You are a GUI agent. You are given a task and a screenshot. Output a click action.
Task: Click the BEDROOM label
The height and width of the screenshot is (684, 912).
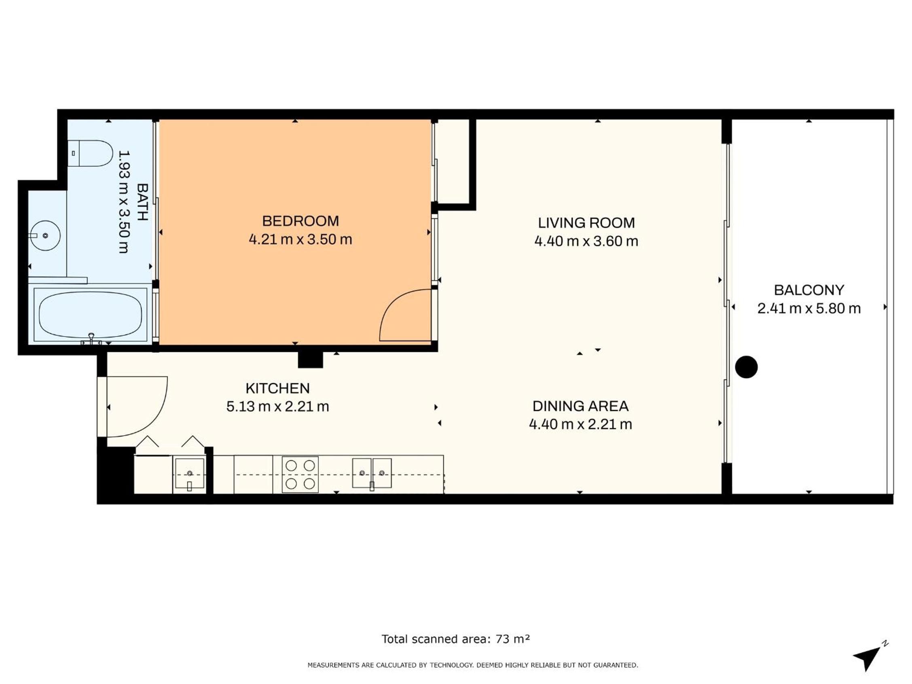(300, 221)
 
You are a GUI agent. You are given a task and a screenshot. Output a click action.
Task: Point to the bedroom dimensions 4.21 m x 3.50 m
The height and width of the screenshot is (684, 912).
(300, 239)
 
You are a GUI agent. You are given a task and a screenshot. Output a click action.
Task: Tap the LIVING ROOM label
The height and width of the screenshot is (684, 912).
(586, 223)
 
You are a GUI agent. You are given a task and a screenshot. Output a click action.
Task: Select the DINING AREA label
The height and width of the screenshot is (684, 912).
(580, 406)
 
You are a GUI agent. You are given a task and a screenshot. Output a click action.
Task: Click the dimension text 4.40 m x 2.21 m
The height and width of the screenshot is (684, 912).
(580, 424)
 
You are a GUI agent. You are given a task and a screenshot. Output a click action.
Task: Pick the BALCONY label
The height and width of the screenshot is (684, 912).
(809, 290)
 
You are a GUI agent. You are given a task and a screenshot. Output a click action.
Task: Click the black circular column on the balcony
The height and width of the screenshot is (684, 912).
(746, 367)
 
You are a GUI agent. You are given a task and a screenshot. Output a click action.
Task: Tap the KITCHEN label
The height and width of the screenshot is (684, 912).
(277, 388)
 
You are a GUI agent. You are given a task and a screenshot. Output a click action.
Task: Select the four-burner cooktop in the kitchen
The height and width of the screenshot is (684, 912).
(300, 474)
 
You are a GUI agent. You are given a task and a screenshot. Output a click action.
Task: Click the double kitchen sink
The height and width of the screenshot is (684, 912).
(372, 473)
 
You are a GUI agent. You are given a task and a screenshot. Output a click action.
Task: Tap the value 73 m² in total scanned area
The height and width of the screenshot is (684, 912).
(512, 639)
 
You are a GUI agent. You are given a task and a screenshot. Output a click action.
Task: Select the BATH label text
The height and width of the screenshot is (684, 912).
(142, 202)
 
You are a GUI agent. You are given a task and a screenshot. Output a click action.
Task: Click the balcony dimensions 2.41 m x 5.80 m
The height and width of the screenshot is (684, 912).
(809, 309)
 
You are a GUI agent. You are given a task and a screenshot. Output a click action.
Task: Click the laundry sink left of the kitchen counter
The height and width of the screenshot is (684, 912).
(190, 474)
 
